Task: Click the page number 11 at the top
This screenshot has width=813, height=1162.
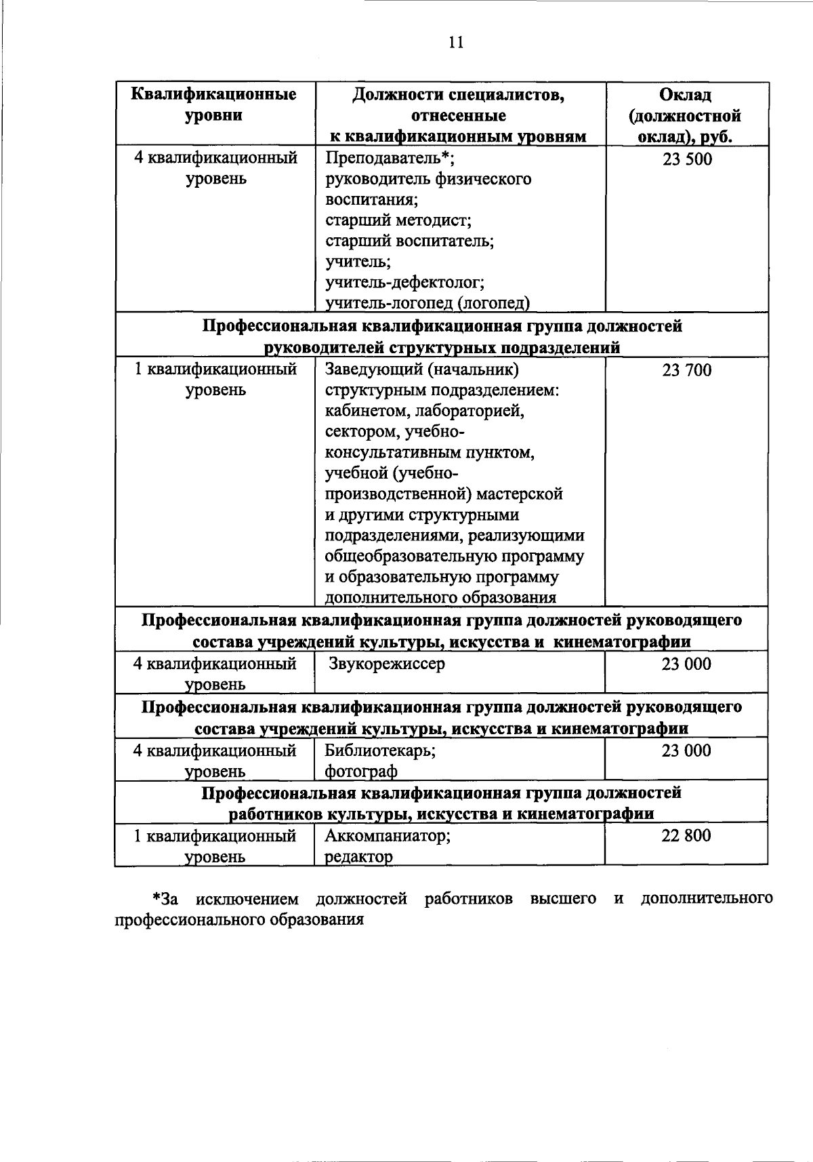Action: [456, 43]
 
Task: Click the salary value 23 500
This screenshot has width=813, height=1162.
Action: [687, 159]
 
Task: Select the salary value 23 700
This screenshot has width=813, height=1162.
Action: [687, 370]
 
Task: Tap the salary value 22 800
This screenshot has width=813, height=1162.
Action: [686, 835]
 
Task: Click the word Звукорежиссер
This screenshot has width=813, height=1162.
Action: [387, 664]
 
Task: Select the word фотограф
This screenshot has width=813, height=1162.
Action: [360, 772]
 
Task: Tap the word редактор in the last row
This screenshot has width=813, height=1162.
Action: [358, 857]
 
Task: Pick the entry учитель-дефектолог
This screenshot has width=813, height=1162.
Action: [404, 281]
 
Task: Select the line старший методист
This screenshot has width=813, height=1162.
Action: [398, 220]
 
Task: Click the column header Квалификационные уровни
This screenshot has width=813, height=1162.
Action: [214, 104]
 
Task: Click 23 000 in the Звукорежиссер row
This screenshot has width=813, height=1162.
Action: [686, 664]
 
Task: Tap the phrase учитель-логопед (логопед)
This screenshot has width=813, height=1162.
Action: [428, 302]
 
